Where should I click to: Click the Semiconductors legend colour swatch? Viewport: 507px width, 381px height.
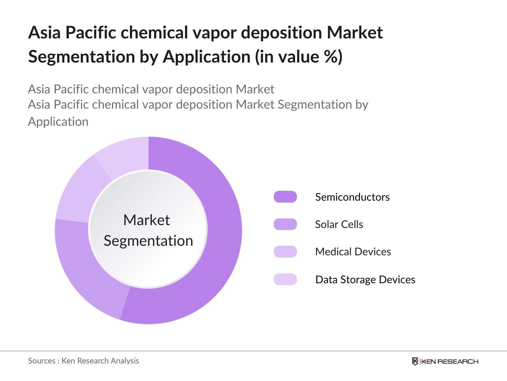tap(285, 197)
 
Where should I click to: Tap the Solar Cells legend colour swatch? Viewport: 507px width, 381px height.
tap(285, 224)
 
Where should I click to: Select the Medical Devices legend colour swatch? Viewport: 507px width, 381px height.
tap(285, 251)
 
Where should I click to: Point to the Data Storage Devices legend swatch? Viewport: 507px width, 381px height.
tap(285, 279)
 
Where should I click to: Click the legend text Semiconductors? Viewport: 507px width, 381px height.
tap(352, 197)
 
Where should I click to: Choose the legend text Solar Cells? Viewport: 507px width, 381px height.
tap(339, 224)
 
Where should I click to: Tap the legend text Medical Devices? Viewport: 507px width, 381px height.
tap(353, 252)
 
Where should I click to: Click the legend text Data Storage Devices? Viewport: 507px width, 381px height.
tap(365, 279)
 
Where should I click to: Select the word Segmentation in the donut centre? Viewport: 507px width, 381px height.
tap(148, 241)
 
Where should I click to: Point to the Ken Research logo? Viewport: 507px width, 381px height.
tap(445, 361)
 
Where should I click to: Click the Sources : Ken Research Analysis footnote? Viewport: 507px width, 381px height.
tap(83, 361)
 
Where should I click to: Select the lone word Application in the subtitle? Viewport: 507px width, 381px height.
tap(58, 122)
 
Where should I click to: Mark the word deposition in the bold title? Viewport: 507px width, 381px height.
tap(281, 33)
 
